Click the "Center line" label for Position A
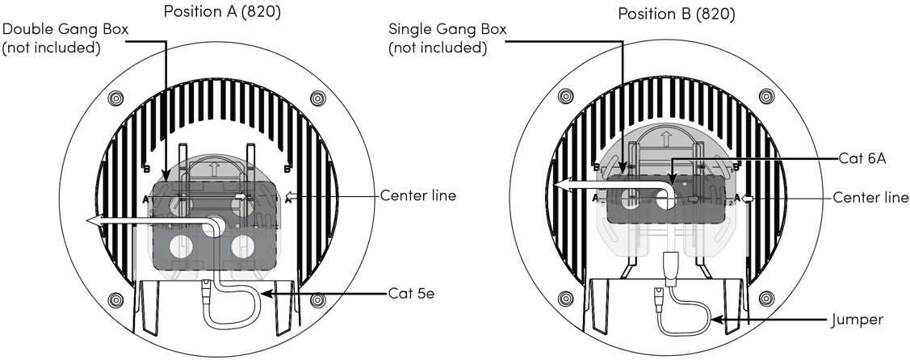417,195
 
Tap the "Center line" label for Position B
870,198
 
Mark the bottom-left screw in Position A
115,300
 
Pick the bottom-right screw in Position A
317,300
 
